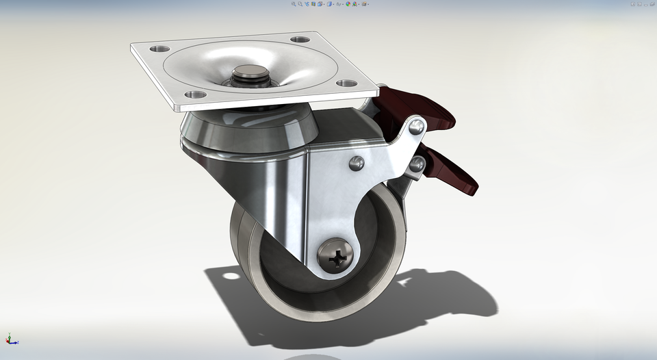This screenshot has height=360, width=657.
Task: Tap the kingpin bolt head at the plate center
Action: [x=250, y=73]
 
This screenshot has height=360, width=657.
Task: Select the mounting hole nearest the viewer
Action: [x=194, y=94]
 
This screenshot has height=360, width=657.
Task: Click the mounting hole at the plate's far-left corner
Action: [x=160, y=49]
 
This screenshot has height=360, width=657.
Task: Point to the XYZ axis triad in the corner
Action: [x=10, y=339]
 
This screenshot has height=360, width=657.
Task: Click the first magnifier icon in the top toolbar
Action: [x=294, y=3]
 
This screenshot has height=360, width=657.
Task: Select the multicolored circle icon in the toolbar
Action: [x=348, y=3]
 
